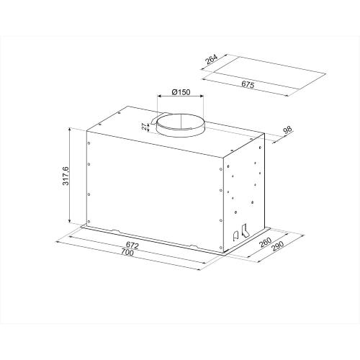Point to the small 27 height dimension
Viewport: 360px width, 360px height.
[144, 127]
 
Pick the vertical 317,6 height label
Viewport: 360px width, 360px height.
[65, 176]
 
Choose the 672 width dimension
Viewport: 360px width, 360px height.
[132, 246]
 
